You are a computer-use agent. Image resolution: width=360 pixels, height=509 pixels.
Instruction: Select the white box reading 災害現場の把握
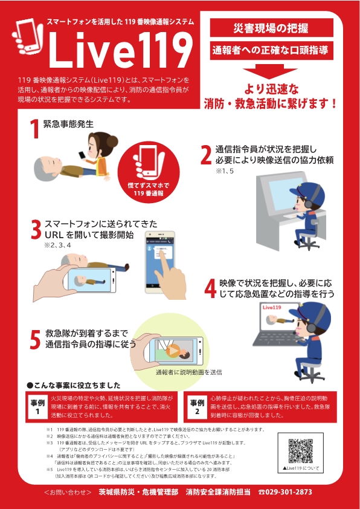[x=271, y=28]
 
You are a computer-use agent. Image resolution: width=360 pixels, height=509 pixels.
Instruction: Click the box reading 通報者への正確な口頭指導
[x=271, y=50]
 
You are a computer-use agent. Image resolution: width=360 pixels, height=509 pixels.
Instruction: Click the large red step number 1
[x=34, y=129]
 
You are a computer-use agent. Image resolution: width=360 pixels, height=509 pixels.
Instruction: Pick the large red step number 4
[x=210, y=288]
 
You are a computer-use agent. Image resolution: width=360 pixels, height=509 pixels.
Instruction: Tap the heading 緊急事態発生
[x=68, y=124]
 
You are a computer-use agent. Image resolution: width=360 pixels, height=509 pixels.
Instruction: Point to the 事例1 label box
[x=37, y=407]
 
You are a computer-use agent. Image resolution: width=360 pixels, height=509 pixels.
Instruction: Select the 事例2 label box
[x=196, y=407]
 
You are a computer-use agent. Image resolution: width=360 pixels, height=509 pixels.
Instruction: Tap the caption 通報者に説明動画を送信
[x=188, y=372]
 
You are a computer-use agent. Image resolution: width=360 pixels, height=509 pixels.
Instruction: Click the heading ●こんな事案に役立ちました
[x=74, y=384]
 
